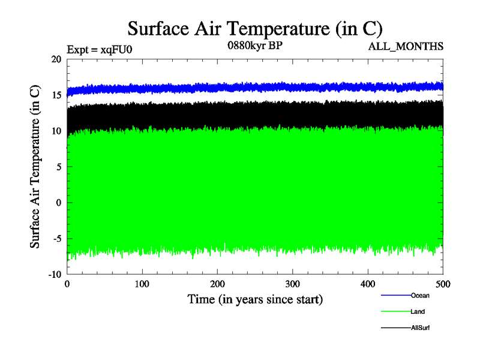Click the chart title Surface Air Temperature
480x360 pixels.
pyautogui.click(x=255, y=28)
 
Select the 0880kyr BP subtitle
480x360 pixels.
pyautogui.click(x=254, y=45)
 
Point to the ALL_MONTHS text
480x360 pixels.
pyautogui.click(x=411, y=46)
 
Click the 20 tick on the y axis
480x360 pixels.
pyautogui.click(x=56, y=59)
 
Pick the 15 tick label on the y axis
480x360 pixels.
pyautogui.click(x=56, y=95)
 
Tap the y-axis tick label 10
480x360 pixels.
pyautogui.click(x=56, y=131)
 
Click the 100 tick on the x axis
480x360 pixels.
pyautogui.click(x=142, y=284)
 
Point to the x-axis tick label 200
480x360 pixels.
pyautogui.click(x=217, y=284)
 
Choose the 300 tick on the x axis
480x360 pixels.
pyautogui.click(x=293, y=284)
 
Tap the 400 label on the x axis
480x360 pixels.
pyautogui.click(x=368, y=284)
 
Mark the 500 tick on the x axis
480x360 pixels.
pyautogui.click(x=443, y=284)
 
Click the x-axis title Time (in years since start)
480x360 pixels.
pyautogui.click(x=255, y=299)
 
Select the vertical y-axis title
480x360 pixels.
pyautogui.click(x=36, y=167)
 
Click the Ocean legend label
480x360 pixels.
pyautogui.click(x=420, y=295)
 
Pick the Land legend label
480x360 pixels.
pyautogui.click(x=418, y=311)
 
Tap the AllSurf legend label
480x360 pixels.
pyautogui.click(x=420, y=328)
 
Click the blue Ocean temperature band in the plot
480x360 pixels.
pyautogui.click(x=255, y=88)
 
